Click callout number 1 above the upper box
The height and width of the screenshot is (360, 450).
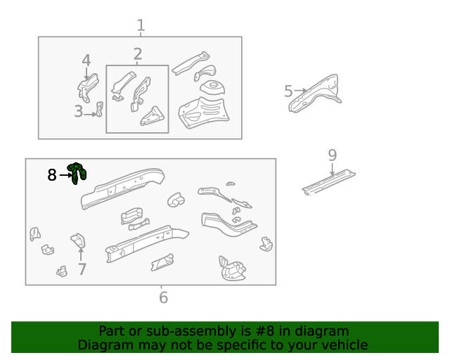(x=141, y=25)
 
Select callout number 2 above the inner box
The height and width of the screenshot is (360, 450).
(x=138, y=54)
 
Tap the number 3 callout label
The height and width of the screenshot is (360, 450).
(x=78, y=111)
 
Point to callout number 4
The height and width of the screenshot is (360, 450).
(x=86, y=60)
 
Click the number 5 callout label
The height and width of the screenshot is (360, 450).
(x=288, y=91)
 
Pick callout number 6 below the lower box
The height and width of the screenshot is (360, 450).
(x=163, y=297)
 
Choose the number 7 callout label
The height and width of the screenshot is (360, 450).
(x=82, y=269)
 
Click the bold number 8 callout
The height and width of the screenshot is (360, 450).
(x=52, y=175)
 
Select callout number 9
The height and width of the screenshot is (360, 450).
(x=333, y=155)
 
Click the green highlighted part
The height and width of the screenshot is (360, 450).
(x=76, y=173)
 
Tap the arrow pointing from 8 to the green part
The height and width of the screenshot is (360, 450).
(x=65, y=174)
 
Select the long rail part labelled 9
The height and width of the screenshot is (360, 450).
(x=329, y=182)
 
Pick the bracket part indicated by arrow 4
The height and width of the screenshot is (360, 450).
(x=88, y=87)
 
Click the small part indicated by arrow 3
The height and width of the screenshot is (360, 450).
(x=100, y=109)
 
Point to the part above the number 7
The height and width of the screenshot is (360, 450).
(x=78, y=240)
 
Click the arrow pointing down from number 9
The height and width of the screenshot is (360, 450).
(x=333, y=169)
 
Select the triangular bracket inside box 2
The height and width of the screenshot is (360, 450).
(x=152, y=116)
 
